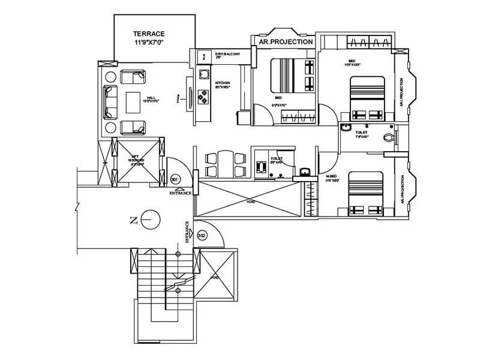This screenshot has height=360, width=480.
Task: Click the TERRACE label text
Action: point(149,34)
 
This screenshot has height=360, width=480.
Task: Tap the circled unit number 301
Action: point(175,179)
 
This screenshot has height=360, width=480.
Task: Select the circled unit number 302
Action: point(202,236)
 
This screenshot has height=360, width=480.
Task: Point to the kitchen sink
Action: point(204,74)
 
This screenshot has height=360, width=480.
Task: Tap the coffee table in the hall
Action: point(133,101)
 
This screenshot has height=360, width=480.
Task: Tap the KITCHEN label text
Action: point(223,83)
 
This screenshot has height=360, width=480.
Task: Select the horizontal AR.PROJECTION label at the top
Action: point(285,42)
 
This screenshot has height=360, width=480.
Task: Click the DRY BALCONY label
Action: point(218,55)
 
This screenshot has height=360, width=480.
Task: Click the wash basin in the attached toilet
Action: point(346,127)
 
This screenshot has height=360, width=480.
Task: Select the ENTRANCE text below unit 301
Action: point(181,193)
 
